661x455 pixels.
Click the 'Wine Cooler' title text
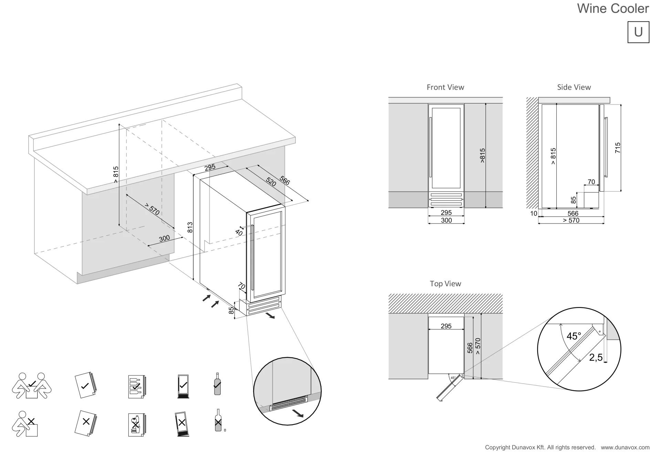pyautogui.click(x=613, y=8)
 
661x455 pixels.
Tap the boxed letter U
pyautogui.click(x=638, y=32)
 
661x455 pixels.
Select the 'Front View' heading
pyautogui.click(x=445, y=87)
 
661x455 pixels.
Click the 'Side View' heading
pyautogui.click(x=574, y=87)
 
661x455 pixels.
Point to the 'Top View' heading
pyautogui.click(x=445, y=283)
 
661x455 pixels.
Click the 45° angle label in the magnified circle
pyautogui.click(x=574, y=336)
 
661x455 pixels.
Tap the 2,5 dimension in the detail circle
pyautogui.click(x=596, y=358)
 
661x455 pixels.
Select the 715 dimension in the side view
pyautogui.click(x=618, y=148)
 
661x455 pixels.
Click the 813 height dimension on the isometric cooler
pyautogui.click(x=190, y=227)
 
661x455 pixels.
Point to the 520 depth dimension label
pyautogui.click(x=271, y=182)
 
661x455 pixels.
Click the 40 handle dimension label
pyautogui.click(x=239, y=233)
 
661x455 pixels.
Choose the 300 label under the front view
pyautogui.click(x=446, y=220)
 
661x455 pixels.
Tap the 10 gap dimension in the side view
pyautogui.click(x=534, y=213)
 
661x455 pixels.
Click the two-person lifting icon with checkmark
pyautogui.click(x=32, y=386)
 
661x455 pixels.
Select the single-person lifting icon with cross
pyautogui.click(x=25, y=424)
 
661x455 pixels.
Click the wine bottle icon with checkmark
pyautogui.click(x=217, y=384)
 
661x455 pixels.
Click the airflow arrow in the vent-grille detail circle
pyautogui.click(x=297, y=413)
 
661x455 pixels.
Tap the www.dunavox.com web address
pyautogui.click(x=625, y=447)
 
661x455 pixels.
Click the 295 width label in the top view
pyautogui.click(x=446, y=326)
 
